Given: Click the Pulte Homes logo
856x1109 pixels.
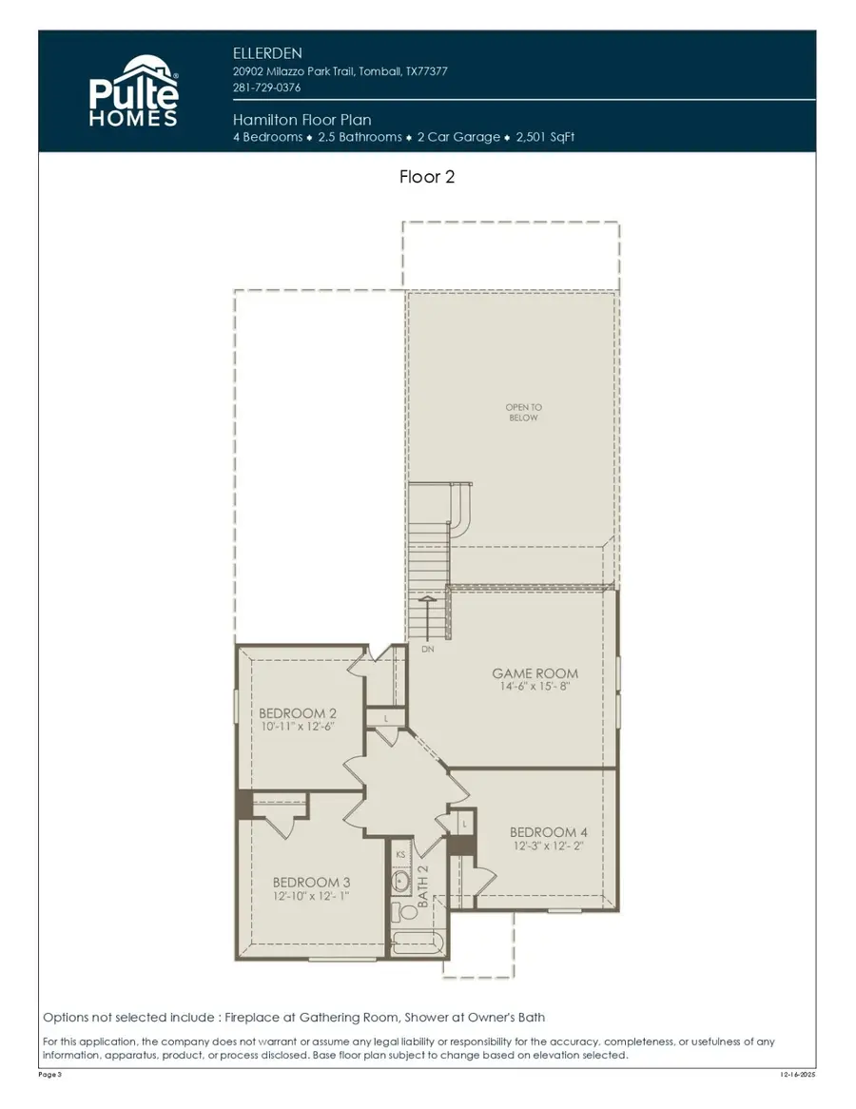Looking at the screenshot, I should (133, 91).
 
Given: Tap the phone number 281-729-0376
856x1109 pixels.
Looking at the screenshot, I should (266, 88).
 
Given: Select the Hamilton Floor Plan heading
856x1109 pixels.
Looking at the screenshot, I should (302, 120).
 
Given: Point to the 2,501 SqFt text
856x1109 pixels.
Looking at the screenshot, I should (545, 137).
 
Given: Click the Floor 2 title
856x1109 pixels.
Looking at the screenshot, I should (427, 177).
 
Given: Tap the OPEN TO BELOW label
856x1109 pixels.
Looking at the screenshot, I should (523, 412).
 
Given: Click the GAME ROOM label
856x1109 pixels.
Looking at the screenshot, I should (535, 673).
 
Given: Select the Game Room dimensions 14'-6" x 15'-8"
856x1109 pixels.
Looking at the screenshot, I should (535, 688).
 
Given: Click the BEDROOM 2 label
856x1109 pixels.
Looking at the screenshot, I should (298, 712).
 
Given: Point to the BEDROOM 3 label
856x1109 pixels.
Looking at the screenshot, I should (311, 881).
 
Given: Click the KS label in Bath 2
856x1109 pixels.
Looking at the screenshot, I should (400, 855).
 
